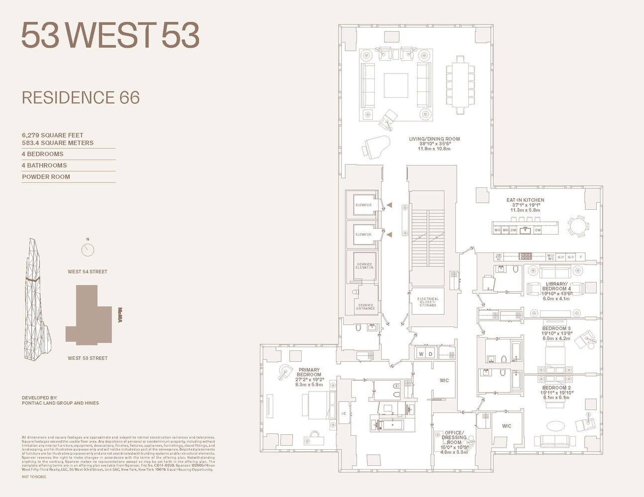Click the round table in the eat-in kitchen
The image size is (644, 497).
(577, 227)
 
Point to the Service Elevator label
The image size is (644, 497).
(364, 266)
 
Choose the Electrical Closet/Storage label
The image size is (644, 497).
(428, 302)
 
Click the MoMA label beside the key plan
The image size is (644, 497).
(120, 316)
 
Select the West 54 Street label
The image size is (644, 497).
(88, 272)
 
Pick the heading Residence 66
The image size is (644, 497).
(81, 97)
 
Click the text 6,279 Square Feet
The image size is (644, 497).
(52, 135)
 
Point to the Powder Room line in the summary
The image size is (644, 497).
(46, 177)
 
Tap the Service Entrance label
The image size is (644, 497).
(365, 307)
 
